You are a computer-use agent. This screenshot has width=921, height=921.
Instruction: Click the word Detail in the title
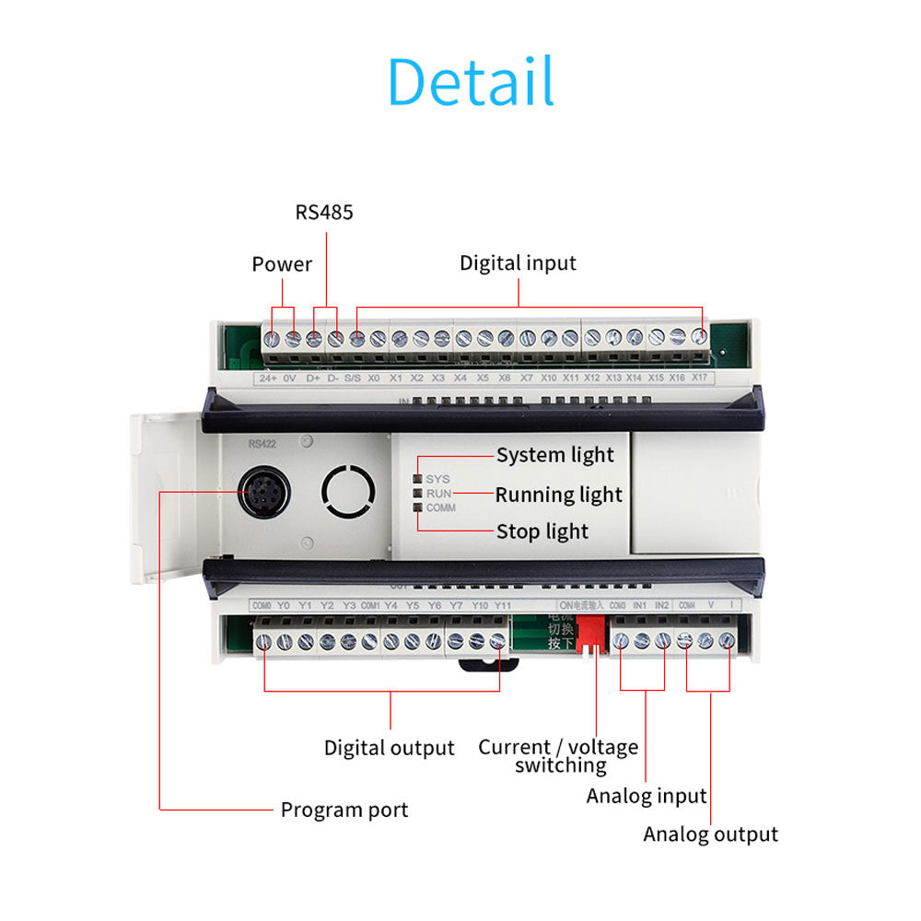(x=471, y=82)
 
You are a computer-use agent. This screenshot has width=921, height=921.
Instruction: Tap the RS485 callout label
(x=324, y=213)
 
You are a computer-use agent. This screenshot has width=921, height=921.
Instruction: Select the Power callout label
(x=282, y=264)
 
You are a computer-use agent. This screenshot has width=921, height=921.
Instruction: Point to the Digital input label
(x=518, y=263)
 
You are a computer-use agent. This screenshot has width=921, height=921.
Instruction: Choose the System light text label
(x=554, y=455)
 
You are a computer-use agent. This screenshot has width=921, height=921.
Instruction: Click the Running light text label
(x=558, y=495)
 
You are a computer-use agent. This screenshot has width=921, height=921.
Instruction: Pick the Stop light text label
(x=542, y=531)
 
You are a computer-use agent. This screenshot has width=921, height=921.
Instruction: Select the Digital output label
(x=389, y=748)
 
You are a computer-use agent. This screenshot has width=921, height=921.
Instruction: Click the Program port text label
(x=344, y=810)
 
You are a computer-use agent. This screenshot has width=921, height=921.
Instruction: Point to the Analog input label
(x=646, y=796)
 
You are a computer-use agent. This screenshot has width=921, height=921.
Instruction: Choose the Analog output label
(x=710, y=834)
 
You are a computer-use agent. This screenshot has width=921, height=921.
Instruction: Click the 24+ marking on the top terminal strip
(x=268, y=378)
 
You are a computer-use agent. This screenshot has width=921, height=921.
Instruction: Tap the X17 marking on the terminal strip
(x=699, y=378)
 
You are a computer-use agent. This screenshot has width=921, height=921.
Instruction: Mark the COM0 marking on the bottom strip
(x=262, y=605)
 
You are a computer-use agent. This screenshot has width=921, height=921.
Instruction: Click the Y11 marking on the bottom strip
(x=502, y=605)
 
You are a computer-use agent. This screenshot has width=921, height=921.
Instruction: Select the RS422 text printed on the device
(x=262, y=443)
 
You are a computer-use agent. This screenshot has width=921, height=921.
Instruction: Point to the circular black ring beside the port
(x=348, y=491)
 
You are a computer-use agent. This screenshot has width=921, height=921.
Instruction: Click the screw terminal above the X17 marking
(x=699, y=338)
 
